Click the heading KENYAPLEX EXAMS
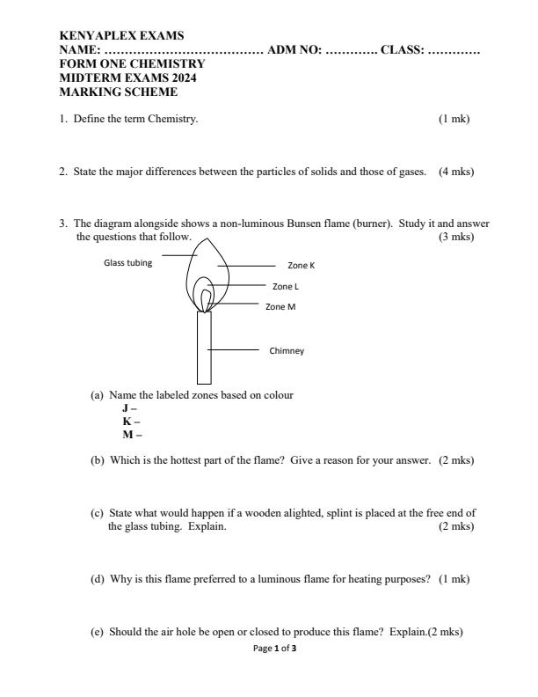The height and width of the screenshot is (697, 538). (121, 36)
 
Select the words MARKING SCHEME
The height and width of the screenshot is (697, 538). (118, 92)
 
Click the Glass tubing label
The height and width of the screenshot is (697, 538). (127, 261)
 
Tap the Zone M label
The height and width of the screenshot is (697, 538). (280, 306)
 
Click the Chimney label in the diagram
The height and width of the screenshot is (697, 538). (286, 350)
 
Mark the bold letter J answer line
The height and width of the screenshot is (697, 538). (129, 408)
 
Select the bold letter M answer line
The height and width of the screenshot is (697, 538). (132, 434)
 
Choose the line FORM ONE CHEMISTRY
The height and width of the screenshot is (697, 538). (132, 64)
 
